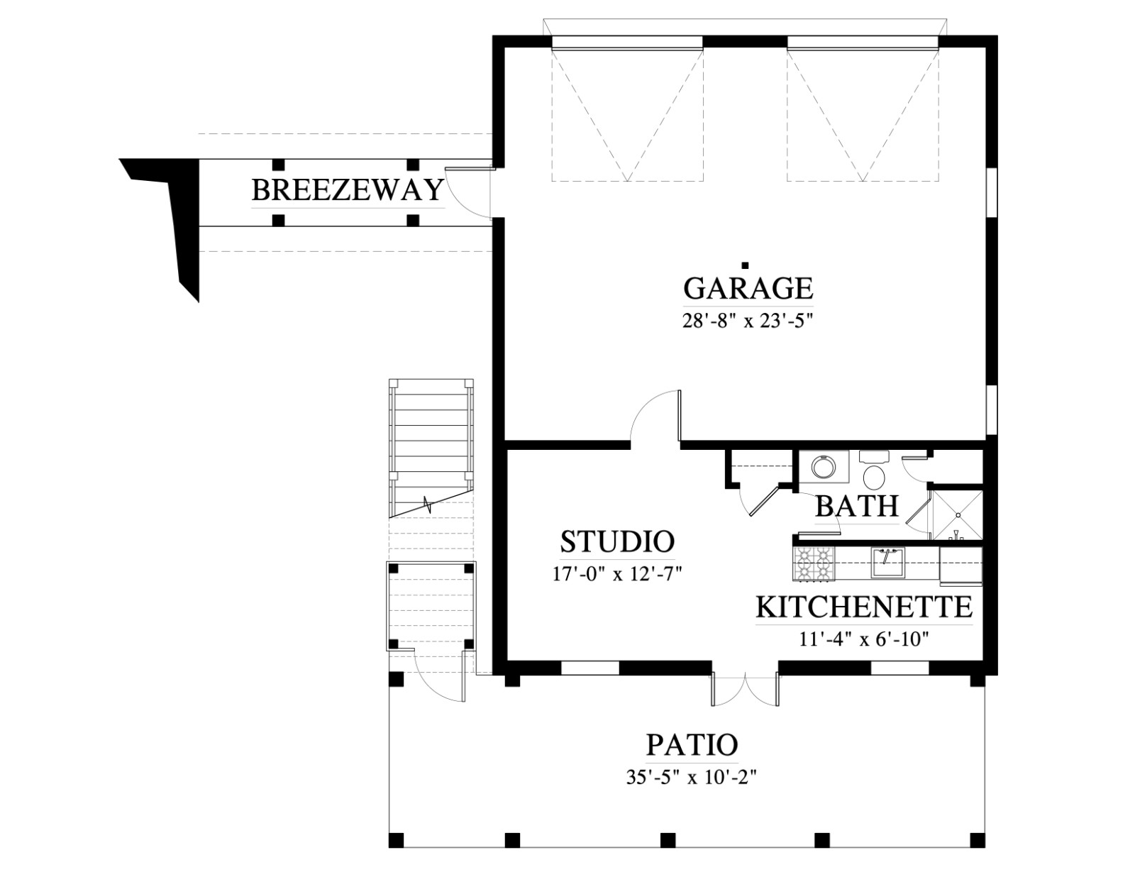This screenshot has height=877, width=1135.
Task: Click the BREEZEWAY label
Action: [x=348, y=190]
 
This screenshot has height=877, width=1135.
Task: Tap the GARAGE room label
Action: [x=748, y=288]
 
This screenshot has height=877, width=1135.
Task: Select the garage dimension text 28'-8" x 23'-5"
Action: [x=748, y=321]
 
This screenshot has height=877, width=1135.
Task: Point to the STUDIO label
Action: [x=617, y=541]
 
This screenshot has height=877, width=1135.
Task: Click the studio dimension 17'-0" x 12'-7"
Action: [x=617, y=575]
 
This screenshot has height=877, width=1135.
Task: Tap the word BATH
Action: [x=857, y=506]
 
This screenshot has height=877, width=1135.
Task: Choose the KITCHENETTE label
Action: [x=864, y=607]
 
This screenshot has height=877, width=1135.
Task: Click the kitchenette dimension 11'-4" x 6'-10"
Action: [x=864, y=639]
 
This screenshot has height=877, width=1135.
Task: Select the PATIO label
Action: [x=692, y=744]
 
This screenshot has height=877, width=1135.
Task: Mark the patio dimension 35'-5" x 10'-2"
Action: [x=692, y=778]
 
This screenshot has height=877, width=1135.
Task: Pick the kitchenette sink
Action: [x=887, y=562]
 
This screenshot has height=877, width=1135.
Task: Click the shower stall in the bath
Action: [x=958, y=515]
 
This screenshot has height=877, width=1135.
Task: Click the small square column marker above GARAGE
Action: [x=746, y=265]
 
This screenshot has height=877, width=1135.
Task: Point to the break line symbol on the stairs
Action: [x=428, y=504]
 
